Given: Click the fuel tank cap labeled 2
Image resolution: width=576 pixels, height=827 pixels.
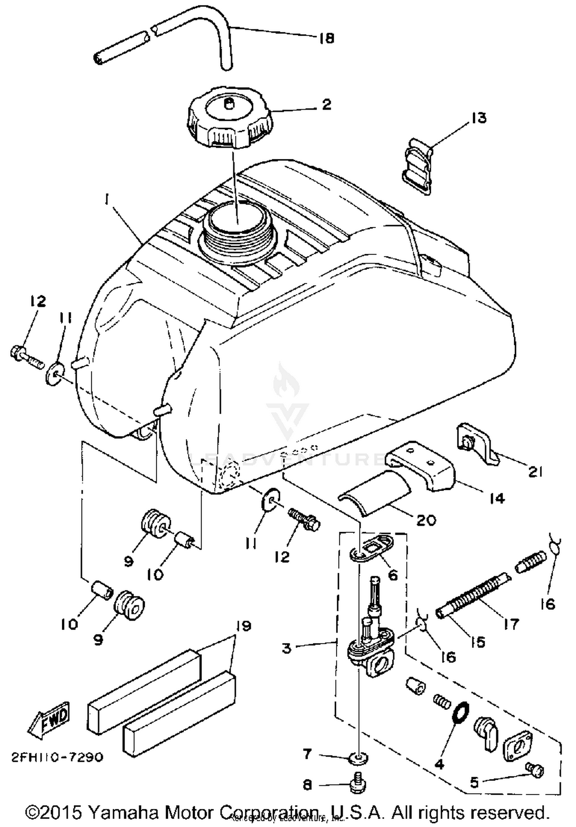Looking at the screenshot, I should click(x=229, y=121).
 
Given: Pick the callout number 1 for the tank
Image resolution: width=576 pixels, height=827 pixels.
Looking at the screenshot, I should click(x=106, y=200).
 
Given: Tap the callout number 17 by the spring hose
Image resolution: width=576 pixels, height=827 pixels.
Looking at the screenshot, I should click(x=511, y=624).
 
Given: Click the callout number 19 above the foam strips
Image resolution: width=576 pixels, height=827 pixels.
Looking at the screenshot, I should click(x=243, y=626).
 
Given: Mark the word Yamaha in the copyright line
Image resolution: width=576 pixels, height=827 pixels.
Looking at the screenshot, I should click(x=123, y=813).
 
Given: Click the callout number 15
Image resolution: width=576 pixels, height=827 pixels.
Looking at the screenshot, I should click(x=478, y=642).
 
